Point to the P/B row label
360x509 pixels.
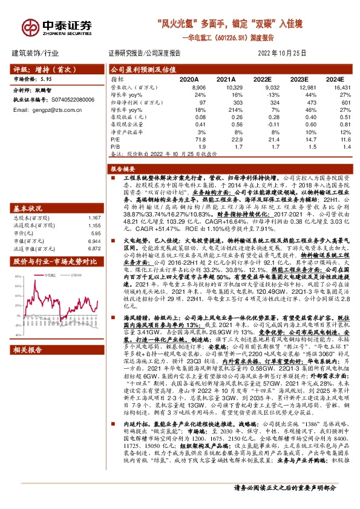(114, 146)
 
